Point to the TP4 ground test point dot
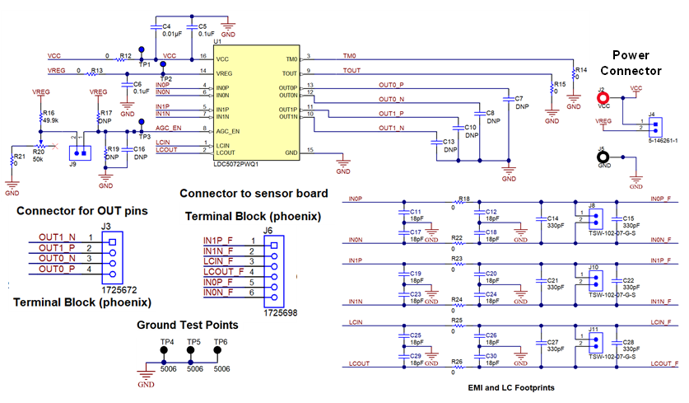[164, 350]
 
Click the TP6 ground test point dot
[219, 350]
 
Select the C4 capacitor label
[167, 26]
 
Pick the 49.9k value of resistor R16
[50, 120]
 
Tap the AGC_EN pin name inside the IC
[229, 130]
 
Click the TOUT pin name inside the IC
[290, 73]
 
